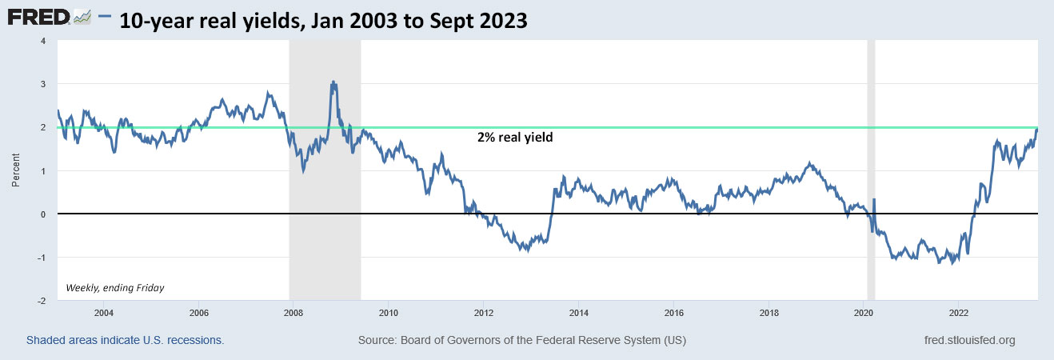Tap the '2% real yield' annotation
pos(515,138)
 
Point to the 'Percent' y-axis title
pos(16,170)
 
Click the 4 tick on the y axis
pos(42,41)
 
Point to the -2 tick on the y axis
pos(41,301)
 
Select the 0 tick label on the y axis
pos(42,214)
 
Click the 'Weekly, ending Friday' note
pos(114,287)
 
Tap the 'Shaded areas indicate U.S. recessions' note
pos(125,341)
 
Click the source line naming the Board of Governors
pos(521,341)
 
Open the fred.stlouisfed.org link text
pos(968,341)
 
